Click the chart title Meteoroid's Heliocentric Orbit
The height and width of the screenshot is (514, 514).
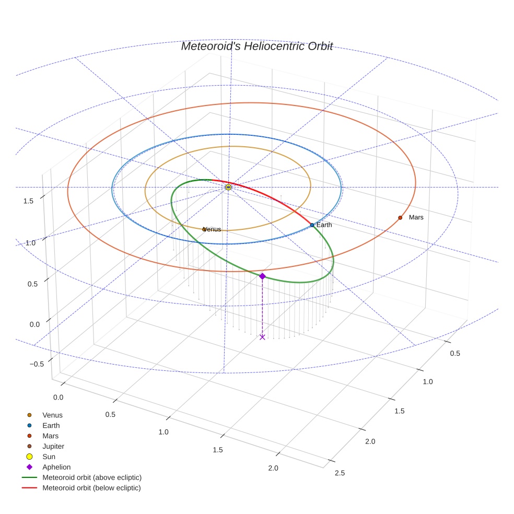[x=256, y=46]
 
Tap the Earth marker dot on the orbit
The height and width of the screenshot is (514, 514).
[x=312, y=225]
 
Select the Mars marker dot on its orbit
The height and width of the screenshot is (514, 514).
[x=400, y=217]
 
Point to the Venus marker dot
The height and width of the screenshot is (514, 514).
[x=204, y=229]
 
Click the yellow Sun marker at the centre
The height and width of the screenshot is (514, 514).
[x=228, y=187]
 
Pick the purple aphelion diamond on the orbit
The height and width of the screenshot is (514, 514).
[x=262, y=276]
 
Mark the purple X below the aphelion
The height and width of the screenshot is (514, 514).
[x=262, y=337]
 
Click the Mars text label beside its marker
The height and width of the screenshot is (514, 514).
[x=416, y=217]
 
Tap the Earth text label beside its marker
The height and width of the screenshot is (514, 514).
[x=324, y=225]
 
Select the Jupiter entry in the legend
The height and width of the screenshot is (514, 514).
[x=53, y=446]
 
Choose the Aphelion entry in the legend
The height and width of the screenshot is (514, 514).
[x=56, y=467]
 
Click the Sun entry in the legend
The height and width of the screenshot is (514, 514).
[x=49, y=457]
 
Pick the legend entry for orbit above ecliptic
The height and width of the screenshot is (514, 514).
[x=92, y=477]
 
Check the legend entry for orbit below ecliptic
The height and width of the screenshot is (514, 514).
[x=91, y=488]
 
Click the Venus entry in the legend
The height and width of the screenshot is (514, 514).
[x=52, y=415]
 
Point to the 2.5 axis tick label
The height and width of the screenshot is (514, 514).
[x=340, y=473]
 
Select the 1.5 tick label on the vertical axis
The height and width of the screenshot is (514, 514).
[x=29, y=201]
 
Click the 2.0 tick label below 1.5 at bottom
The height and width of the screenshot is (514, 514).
[x=273, y=468]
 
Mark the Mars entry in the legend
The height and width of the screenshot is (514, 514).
[x=50, y=436]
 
